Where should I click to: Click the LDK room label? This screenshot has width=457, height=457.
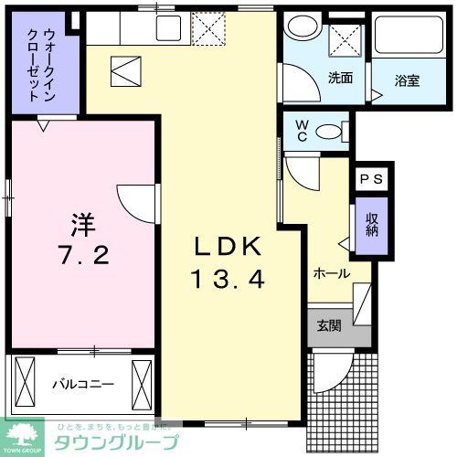pyautogui.click(x=228, y=246)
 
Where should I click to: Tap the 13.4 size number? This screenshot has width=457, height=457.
pyautogui.click(x=228, y=279)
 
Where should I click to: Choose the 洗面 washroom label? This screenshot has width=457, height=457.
pyautogui.click(x=340, y=78)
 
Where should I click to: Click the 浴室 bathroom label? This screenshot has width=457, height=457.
pyautogui.click(x=408, y=80)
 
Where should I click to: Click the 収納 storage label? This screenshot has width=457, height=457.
pyautogui.click(x=372, y=224)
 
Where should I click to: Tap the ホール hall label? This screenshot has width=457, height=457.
pyautogui.click(x=330, y=271)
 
